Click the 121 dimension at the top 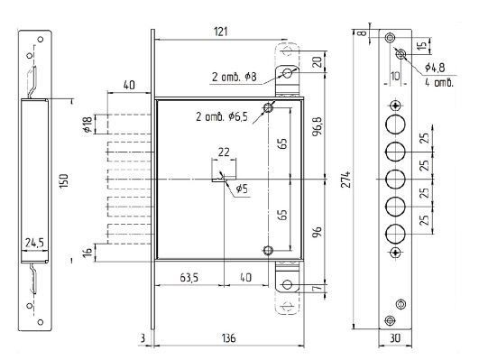(220, 32)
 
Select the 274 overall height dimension (346, 180)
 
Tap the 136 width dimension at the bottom (229, 338)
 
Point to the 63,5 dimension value (189, 277)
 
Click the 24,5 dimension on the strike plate (34, 243)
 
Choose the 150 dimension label (64, 181)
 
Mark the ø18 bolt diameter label (88, 125)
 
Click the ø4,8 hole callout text (435, 68)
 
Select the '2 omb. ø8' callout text (235, 77)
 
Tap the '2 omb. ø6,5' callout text (222, 116)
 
